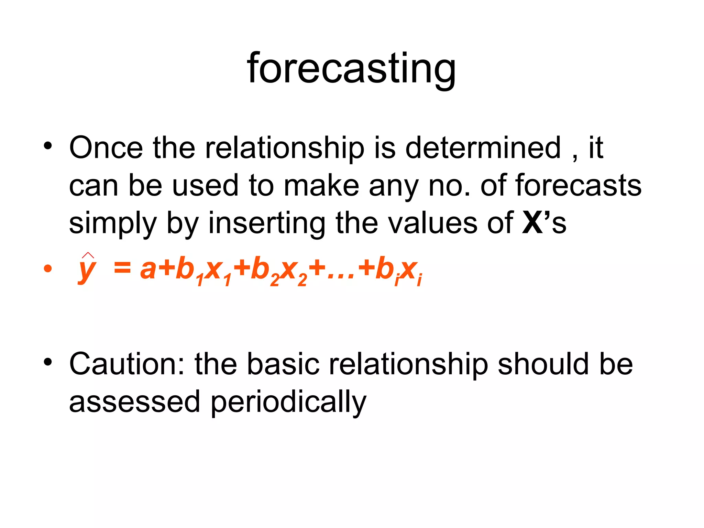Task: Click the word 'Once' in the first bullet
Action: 106,148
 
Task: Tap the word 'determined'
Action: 483,148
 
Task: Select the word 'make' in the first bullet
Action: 321,186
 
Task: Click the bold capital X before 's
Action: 532,223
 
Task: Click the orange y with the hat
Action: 87,270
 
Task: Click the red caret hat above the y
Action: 88,255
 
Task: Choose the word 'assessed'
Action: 134,402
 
